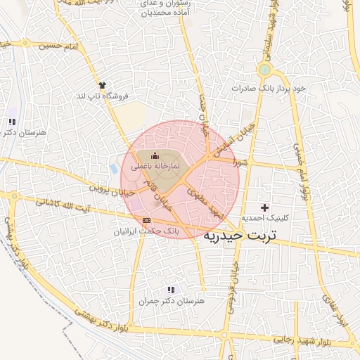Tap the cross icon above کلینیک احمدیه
click(x=264, y=207)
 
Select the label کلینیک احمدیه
click(x=265, y=218)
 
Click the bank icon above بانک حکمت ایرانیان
click(x=146, y=220)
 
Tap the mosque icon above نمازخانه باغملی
click(x=155, y=155)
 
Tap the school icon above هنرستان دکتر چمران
click(x=170, y=290)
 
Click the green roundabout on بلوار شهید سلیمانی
click(x=264, y=69)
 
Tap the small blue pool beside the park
click(x=114, y=169)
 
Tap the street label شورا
click(x=240, y=161)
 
